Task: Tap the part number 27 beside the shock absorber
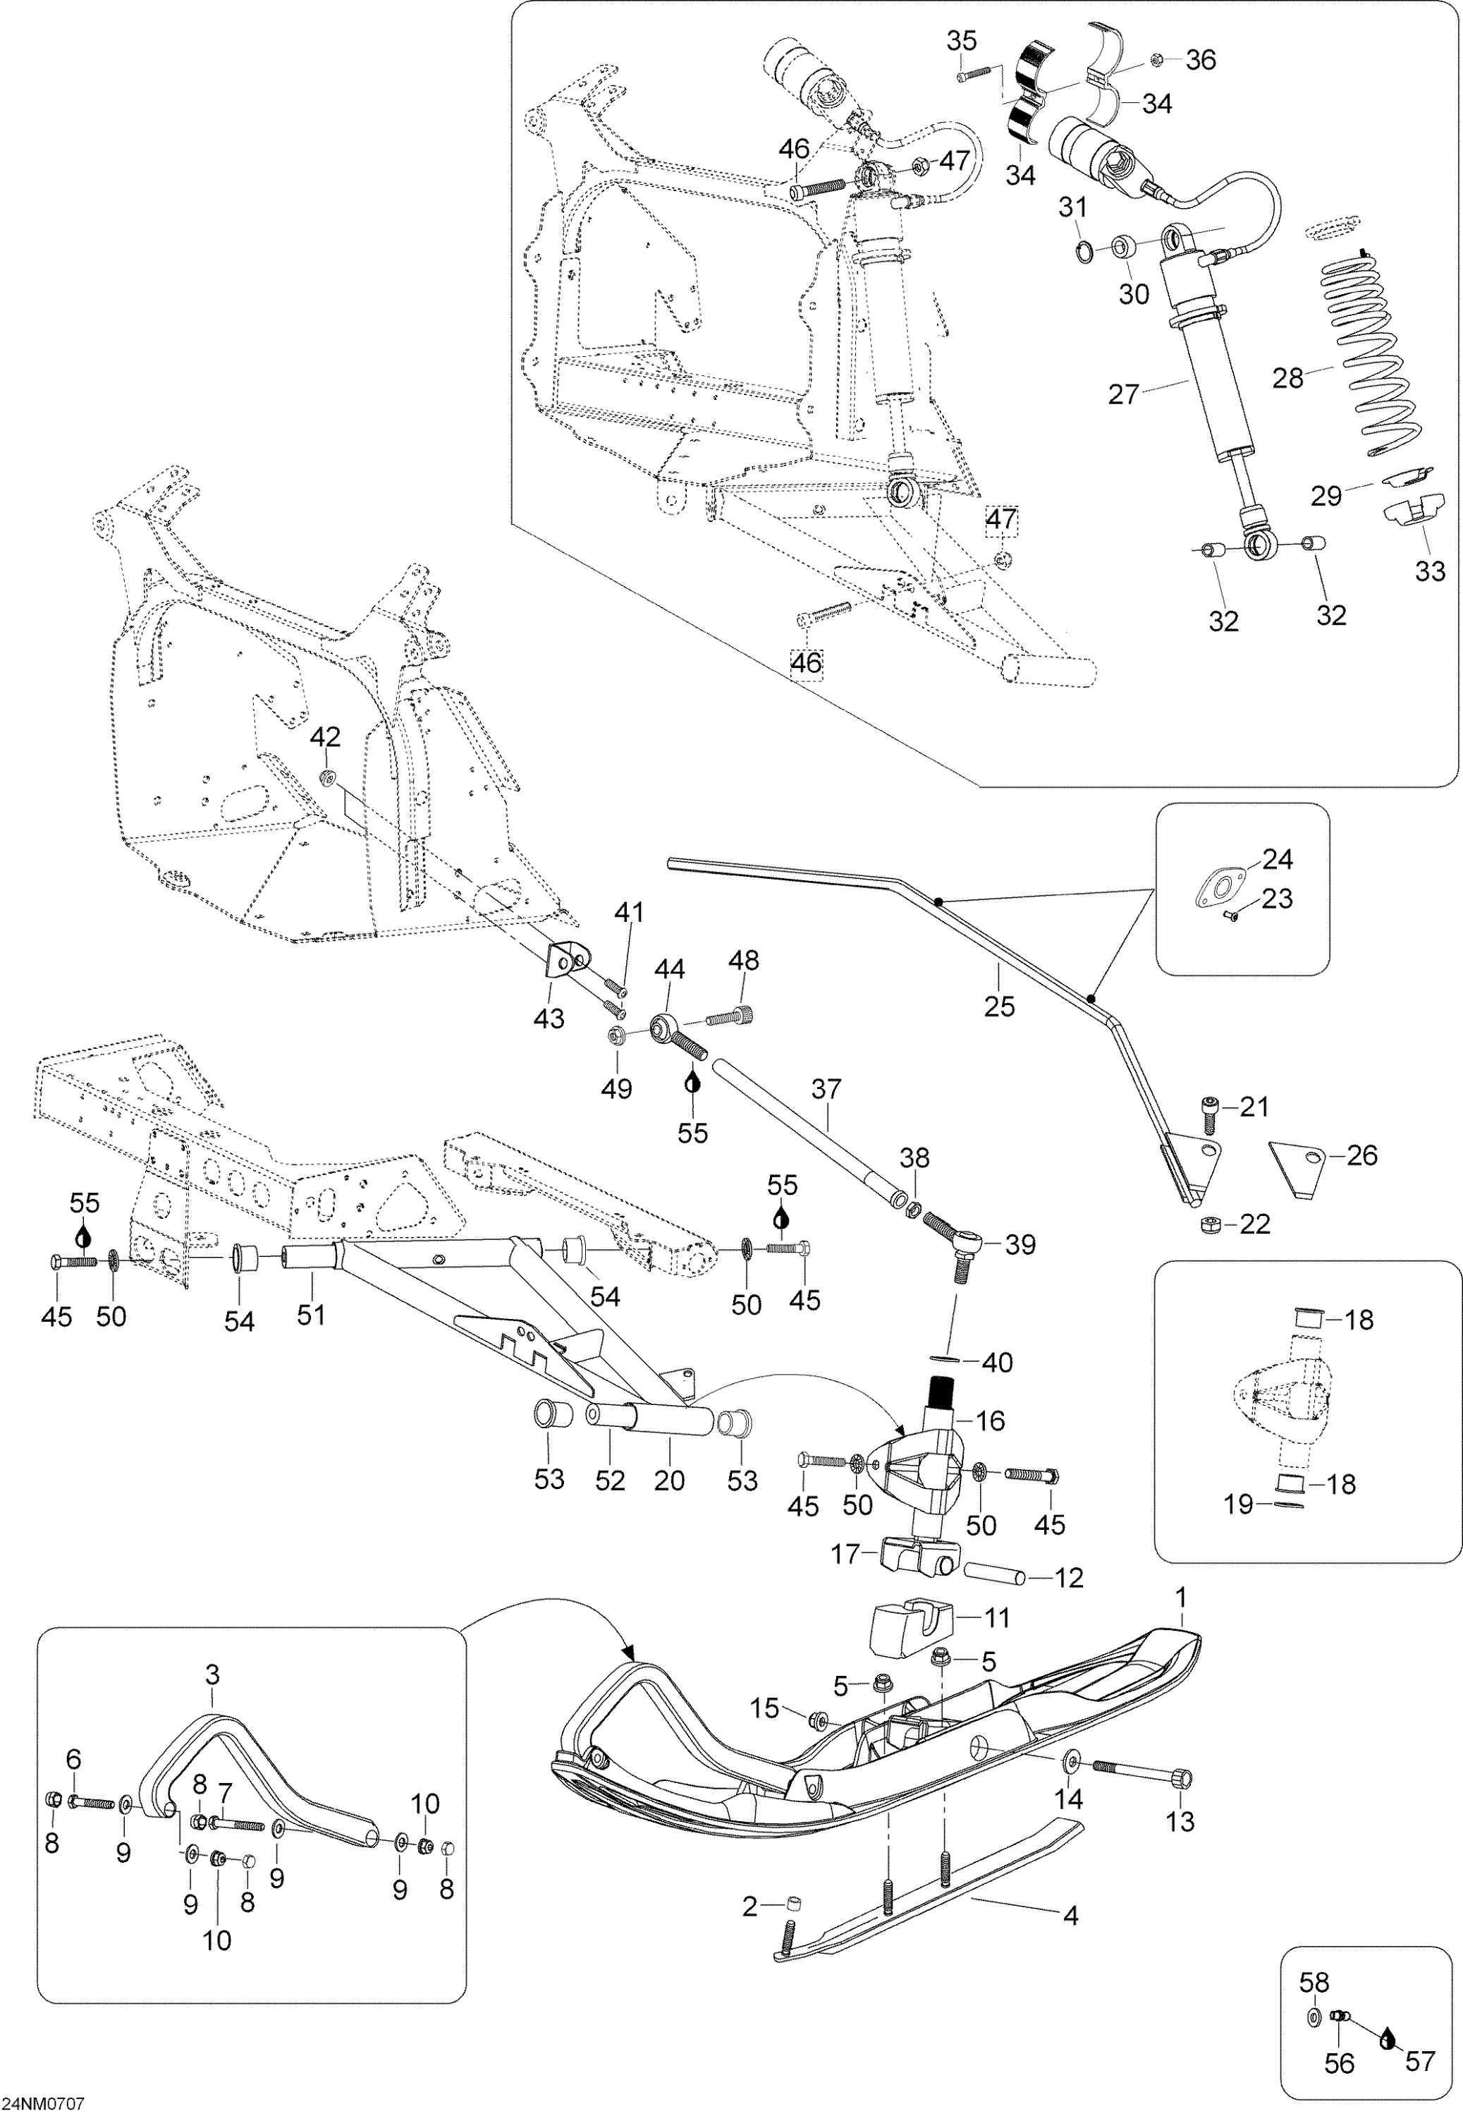[1123, 394]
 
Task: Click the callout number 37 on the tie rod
[826, 1089]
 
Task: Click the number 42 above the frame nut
[326, 737]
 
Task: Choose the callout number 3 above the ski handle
[212, 1676]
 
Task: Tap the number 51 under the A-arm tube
[311, 1314]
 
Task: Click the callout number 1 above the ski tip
[1181, 1598]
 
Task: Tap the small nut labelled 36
[1157, 59]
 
